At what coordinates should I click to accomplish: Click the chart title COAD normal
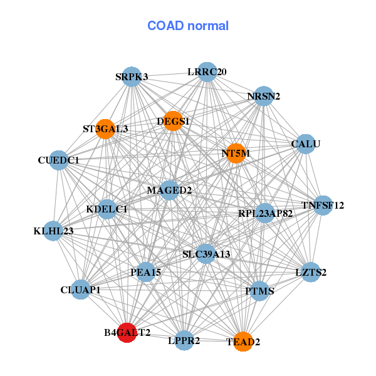pos(188,26)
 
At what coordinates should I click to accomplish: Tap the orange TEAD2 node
pos(243,342)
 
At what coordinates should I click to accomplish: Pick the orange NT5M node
pos(236,153)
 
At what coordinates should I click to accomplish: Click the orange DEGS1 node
pos(174,120)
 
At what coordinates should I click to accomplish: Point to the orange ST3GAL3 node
pos(105,129)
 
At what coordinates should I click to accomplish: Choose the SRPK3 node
pos(131,77)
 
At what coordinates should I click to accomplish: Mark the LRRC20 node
pos(207,72)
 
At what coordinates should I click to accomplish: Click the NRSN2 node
pos(264,96)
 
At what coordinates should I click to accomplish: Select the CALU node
pos(305,144)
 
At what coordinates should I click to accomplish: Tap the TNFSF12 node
pos(323,205)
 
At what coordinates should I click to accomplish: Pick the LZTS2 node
pos(311,273)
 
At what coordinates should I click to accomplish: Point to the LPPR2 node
pos(184,341)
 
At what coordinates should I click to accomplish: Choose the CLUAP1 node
pos(81,290)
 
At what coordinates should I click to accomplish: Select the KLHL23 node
pos(54,231)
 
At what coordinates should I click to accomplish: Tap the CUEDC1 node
pos(58,160)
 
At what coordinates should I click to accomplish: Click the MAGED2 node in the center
pos(169,190)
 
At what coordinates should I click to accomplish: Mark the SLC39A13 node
pos(206,254)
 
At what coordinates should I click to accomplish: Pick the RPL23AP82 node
pos(265,214)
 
